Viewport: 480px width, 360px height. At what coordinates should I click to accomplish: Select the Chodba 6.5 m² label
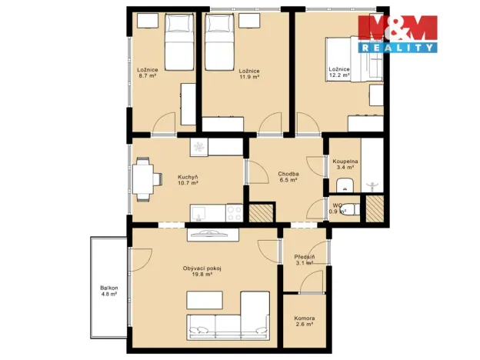[x=288, y=177]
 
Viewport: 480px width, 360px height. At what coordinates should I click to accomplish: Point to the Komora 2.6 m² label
[x=304, y=322]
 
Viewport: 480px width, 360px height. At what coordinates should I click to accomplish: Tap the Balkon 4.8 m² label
[x=108, y=291]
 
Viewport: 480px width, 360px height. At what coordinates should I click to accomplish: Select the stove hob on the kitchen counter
[x=234, y=210]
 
